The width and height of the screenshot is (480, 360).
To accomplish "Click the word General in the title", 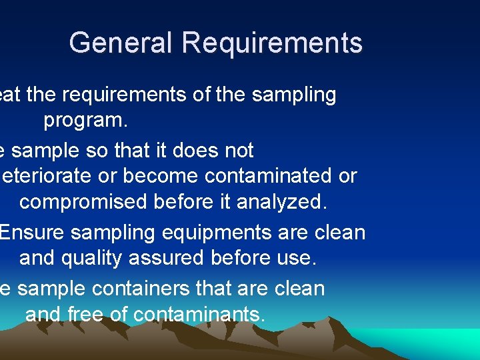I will click(x=121, y=43).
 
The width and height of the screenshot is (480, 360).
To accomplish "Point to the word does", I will click(x=195, y=151).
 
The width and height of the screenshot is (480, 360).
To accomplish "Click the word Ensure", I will click(x=32, y=233).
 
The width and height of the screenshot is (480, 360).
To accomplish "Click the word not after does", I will click(x=239, y=151).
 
